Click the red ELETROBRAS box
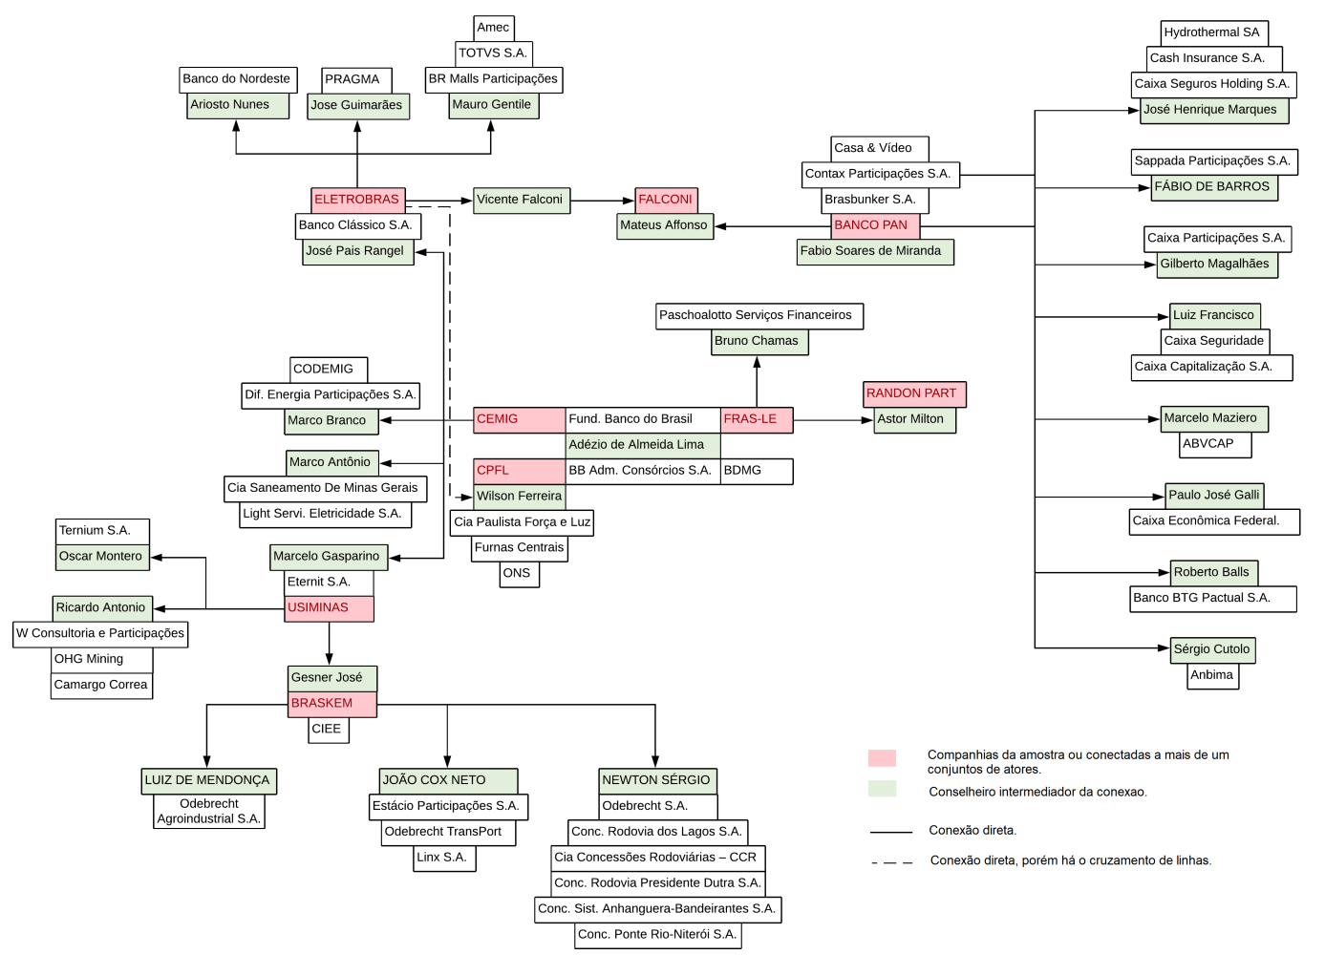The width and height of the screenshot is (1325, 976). coord(357,200)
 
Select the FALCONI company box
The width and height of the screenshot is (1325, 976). coord(666,200)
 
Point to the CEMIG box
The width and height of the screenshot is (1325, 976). coord(519,419)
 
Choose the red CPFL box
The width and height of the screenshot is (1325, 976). coord(519,471)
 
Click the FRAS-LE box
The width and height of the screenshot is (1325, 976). coord(756,419)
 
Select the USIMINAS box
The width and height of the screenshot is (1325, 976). coord(329,608)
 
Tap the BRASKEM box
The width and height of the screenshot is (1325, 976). coord(331,704)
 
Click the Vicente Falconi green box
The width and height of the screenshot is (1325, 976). coord(521,200)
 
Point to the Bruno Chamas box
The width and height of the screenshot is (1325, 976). coord(759,341)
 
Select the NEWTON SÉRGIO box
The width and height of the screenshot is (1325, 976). coord(657,780)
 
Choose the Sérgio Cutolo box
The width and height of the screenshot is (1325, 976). coord(1211,649)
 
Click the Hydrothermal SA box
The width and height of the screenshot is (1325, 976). coord(1214,32)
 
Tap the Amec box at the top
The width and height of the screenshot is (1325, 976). coord(494,28)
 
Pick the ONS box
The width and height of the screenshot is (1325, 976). coord(519,574)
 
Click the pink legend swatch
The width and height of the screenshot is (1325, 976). coord(882,758)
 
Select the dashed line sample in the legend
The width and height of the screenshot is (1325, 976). coord(892,862)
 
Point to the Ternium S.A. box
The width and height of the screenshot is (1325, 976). coord(102,531)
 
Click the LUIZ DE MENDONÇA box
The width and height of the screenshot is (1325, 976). coord(209,780)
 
